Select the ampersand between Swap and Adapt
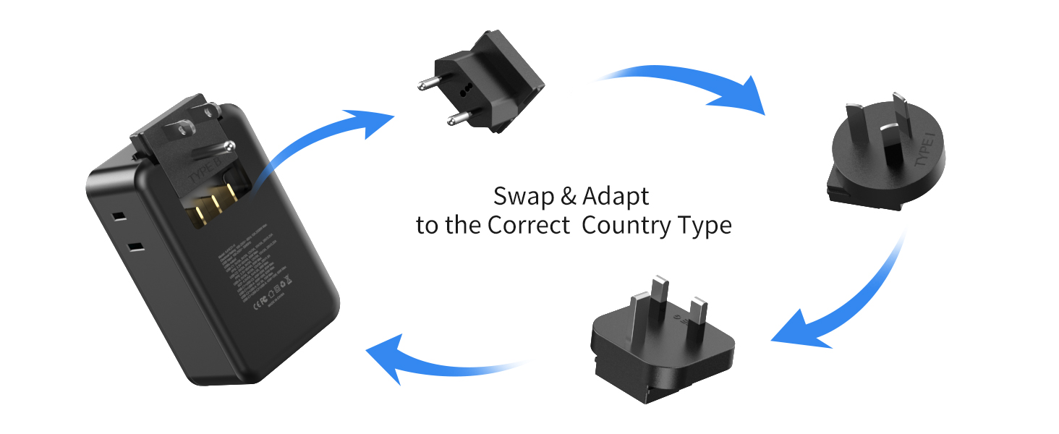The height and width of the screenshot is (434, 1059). point(568,196)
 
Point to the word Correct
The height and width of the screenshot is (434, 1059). point(528,226)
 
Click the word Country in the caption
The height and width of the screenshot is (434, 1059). point(626,226)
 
